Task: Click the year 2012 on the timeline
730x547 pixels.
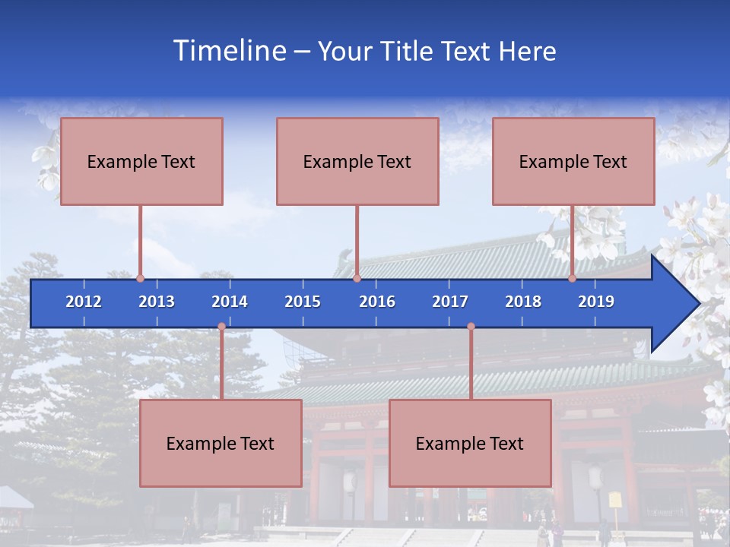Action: (84, 302)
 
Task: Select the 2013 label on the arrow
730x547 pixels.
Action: (157, 302)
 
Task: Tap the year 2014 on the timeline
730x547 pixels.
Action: (230, 302)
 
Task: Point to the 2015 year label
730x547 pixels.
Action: (303, 302)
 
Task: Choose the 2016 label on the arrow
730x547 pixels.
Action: (377, 302)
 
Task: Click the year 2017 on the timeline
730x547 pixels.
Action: (450, 302)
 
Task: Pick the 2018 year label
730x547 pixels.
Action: (523, 302)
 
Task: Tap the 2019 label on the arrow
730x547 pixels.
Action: (596, 302)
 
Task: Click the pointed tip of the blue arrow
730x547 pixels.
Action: (697, 303)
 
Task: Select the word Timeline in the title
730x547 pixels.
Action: (229, 51)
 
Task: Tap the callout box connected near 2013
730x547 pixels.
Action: (141, 161)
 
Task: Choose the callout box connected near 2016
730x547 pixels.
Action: (357, 161)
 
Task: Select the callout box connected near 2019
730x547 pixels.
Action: (573, 161)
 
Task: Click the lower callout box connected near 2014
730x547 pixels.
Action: (221, 443)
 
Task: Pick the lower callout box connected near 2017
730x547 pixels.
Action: (470, 443)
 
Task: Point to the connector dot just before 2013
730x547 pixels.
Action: (141, 278)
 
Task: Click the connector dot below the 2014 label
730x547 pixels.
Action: (221, 327)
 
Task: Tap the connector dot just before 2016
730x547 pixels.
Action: (357, 278)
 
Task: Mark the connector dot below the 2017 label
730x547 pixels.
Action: (471, 327)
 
